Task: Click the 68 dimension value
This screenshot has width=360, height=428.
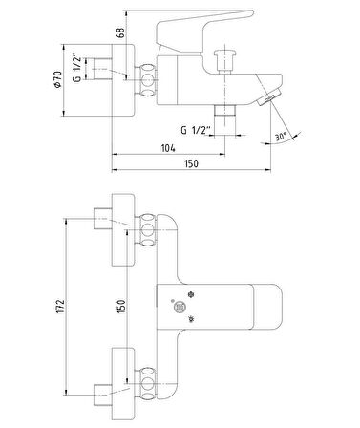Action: [121, 32]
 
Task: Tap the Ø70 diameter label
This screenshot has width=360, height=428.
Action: [57, 79]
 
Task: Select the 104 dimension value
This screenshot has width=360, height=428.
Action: [168, 148]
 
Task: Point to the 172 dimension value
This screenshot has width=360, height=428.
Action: [60, 307]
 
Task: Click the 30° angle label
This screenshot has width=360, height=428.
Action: [281, 137]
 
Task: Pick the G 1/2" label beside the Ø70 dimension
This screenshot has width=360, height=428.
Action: [77, 69]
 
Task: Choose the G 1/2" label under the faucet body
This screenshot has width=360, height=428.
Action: [196, 130]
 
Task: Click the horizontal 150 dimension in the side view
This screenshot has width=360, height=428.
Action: [191, 163]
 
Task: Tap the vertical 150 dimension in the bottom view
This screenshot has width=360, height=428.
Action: [121, 307]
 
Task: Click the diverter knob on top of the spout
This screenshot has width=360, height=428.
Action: [225, 61]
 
